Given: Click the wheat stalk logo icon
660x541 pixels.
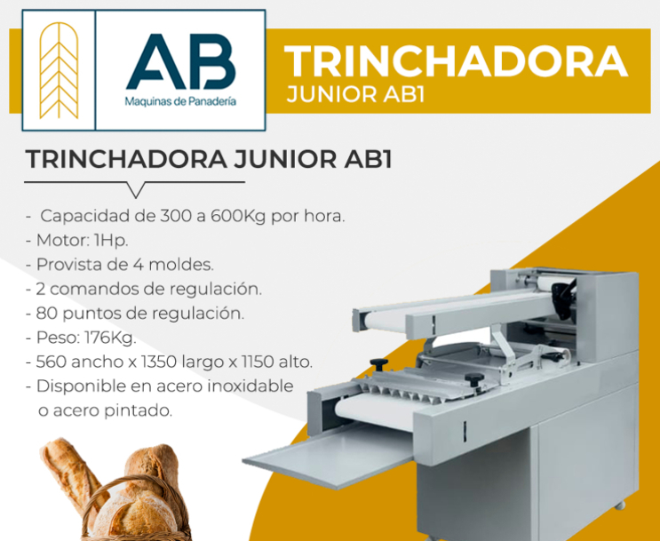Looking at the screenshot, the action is [59, 70].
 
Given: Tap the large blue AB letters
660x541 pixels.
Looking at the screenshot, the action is [181, 61].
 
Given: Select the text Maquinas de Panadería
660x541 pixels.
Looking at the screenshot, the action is [180, 101].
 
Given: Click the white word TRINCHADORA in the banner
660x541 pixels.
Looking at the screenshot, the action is [457, 61].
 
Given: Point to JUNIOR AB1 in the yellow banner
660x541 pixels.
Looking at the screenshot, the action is [355, 95].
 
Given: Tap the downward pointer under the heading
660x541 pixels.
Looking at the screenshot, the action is [136, 190].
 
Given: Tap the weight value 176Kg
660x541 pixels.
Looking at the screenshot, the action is [111, 338].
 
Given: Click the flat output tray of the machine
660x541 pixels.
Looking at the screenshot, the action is [329, 456].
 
